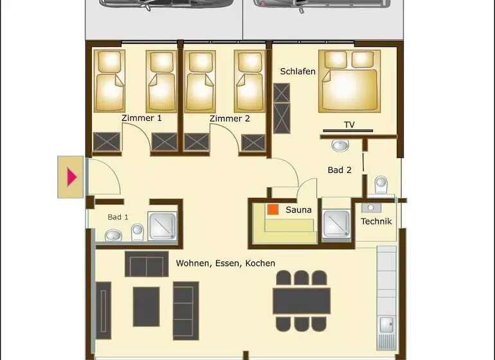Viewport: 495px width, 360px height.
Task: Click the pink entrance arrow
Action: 71,177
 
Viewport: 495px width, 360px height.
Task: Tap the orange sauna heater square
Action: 273,210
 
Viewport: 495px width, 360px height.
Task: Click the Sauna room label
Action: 298,210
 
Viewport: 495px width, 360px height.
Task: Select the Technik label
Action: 376,221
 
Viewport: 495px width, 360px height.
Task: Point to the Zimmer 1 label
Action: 141,118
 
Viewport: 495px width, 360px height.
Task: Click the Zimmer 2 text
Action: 230,119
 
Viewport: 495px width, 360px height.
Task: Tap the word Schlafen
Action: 298,71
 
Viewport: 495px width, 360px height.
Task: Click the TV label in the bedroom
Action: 349,125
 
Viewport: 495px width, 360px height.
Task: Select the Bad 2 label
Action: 339,170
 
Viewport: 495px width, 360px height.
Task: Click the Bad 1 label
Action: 118,217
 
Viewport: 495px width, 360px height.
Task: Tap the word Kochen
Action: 260,264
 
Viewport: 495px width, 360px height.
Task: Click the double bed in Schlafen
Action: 350,81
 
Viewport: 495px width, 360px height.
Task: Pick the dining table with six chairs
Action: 301,301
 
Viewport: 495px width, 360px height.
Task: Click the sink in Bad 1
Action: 113,235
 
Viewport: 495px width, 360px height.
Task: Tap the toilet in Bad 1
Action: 138,232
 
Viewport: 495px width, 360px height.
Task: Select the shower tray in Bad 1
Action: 162,226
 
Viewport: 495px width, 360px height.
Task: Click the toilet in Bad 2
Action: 381,185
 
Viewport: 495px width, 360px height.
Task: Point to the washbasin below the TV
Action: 340,145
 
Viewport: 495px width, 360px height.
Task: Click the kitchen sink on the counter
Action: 386,325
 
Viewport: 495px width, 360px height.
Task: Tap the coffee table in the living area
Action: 146,307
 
